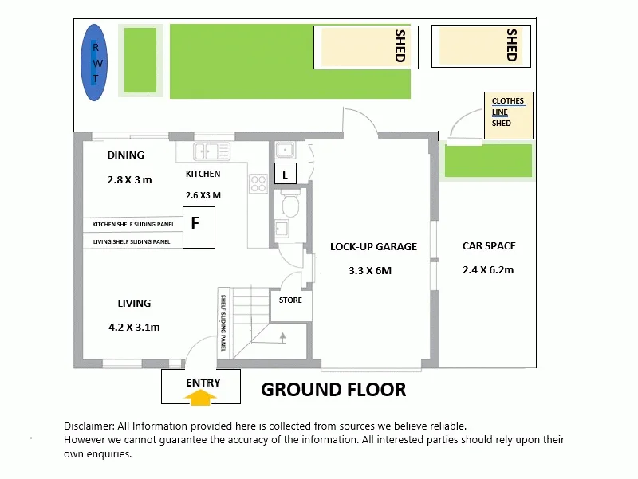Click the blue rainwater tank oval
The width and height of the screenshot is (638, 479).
(x=95, y=61)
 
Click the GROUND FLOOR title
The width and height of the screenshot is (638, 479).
(x=333, y=390)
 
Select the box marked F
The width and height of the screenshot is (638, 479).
(x=195, y=224)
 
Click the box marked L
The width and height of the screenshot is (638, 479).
(x=286, y=175)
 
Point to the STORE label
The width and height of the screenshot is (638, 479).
(x=290, y=300)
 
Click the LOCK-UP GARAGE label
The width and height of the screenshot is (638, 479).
(x=373, y=247)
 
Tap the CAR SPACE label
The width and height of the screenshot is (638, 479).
(x=489, y=246)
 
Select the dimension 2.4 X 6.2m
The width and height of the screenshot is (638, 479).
(x=488, y=269)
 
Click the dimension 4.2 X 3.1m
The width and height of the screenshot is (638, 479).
(x=134, y=327)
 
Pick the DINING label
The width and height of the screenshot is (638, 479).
(x=125, y=155)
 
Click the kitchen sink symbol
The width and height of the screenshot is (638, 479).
(x=212, y=151)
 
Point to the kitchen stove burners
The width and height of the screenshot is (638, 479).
(x=258, y=184)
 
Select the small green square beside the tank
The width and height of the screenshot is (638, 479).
(x=140, y=61)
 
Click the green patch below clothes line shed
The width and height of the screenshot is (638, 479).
(x=488, y=161)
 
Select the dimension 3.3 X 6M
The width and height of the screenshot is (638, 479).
(x=370, y=270)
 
